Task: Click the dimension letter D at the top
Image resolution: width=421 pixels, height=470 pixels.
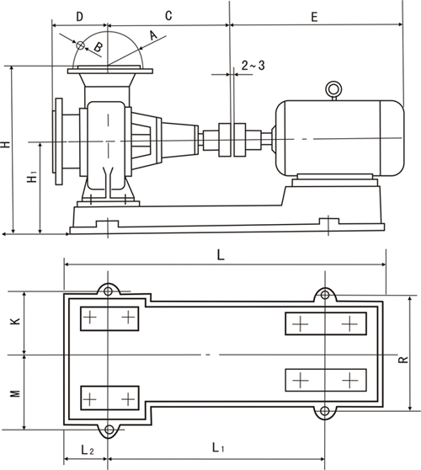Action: pos(79,17)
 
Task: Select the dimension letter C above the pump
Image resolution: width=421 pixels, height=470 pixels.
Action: pos(168,16)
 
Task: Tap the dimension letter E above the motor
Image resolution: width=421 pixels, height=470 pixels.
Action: pos(314,17)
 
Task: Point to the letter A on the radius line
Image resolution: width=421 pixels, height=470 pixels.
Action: pos(153,35)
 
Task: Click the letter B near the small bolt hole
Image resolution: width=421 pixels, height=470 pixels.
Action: pos(99,47)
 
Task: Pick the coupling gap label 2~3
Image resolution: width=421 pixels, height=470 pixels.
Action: pos(253,66)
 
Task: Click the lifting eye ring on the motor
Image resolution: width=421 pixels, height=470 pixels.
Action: pos(333,89)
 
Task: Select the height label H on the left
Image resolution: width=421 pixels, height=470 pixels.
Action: pos(6,144)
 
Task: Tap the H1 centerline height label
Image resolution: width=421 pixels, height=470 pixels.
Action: pos(32,177)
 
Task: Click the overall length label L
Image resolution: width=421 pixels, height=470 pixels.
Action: pos(221,255)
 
